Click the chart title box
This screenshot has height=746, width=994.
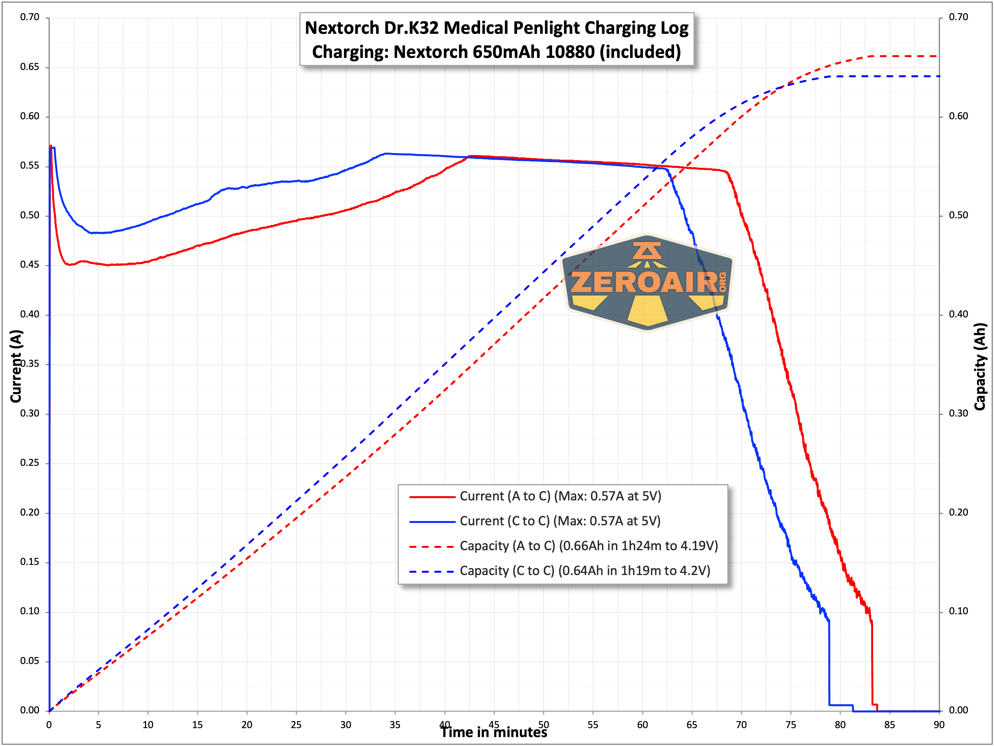point(496,40)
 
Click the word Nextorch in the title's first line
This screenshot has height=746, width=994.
point(342,28)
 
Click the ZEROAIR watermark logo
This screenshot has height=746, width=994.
point(648,283)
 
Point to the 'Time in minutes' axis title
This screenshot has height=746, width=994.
point(493,732)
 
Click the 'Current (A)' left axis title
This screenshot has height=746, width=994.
point(16,366)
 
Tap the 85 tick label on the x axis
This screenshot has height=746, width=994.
point(889,725)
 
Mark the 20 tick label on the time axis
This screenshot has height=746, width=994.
point(247,725)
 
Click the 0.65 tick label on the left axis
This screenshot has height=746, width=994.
point(30,67)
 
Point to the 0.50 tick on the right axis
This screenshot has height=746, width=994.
point(959,215)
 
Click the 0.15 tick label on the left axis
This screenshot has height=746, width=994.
point(30,562)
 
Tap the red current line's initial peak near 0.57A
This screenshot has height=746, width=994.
point(51,146)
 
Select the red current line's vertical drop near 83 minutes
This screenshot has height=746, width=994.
point(872,665)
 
